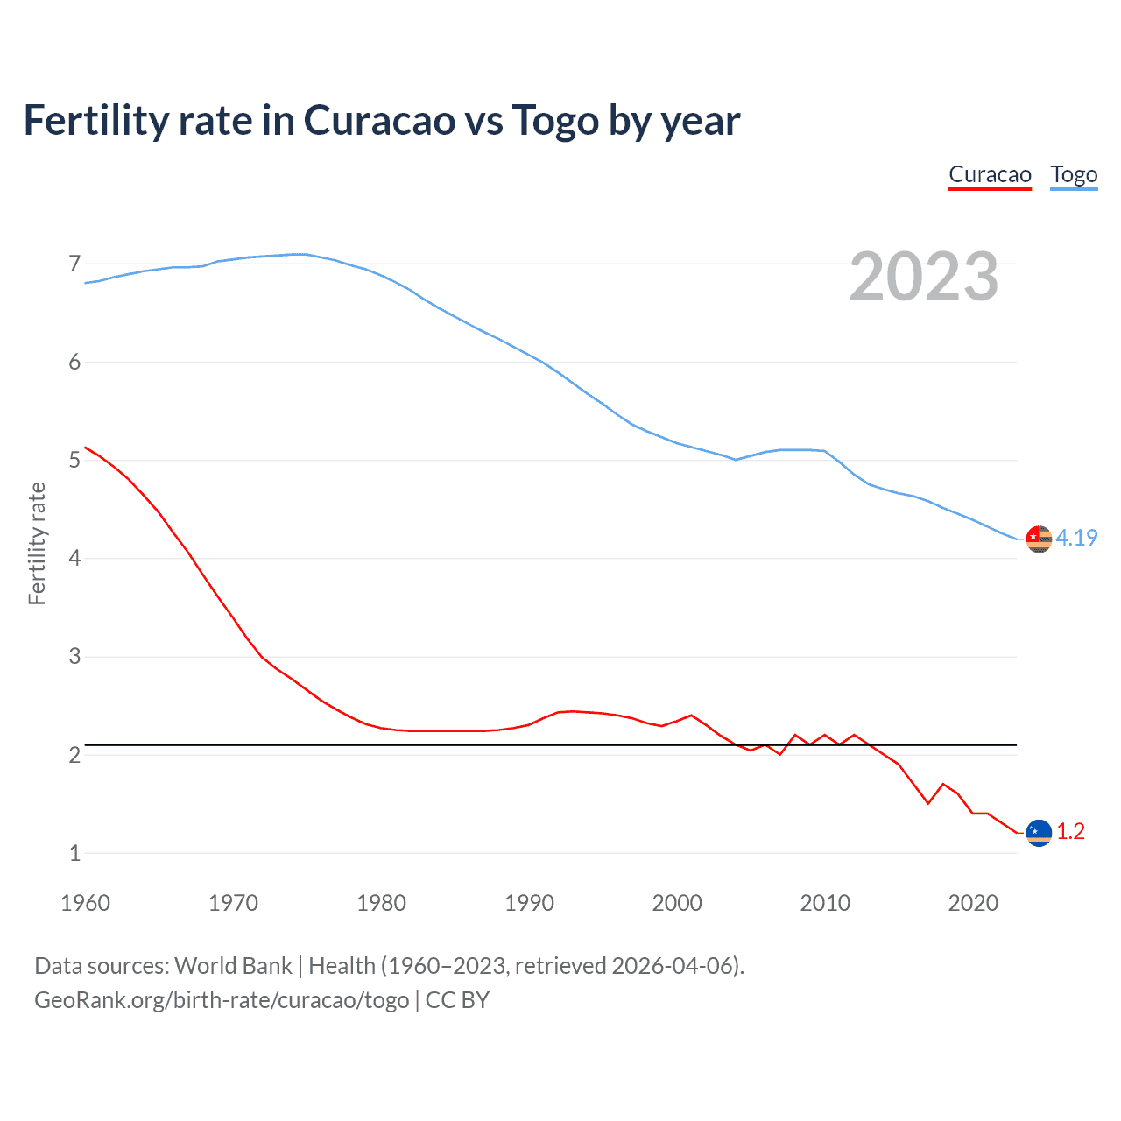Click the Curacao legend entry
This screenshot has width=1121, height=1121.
[x=990, y=174]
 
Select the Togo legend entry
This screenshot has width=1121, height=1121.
[x=1074, y=174]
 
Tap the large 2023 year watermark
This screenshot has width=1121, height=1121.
[x=924, y=277]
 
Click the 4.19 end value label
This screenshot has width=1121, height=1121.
[x=1076, y=538]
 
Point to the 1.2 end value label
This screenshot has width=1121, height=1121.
[x=1070, y=831]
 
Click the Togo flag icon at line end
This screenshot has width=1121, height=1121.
[x=1039, y=539]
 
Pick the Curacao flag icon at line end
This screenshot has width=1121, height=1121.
[x=1039, y=833]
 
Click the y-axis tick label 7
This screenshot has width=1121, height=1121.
[x=74, y=264]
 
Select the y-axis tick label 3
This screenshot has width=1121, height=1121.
[x=74, y=656]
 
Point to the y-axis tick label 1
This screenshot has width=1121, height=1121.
[x=74, y=853]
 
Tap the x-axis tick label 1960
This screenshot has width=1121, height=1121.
[x=85, y=903]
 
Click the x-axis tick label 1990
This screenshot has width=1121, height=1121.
[x=529, y=903]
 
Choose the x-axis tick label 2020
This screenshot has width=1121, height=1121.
[x=973, y=903]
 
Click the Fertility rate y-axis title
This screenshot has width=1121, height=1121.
[x=37, y=543]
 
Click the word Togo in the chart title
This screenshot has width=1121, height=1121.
[x=555, y=121]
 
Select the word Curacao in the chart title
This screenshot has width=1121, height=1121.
[x=379, y=121]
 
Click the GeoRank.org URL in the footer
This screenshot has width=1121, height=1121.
[x=222, y=999]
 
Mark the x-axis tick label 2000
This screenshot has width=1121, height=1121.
[x=677, y=903]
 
